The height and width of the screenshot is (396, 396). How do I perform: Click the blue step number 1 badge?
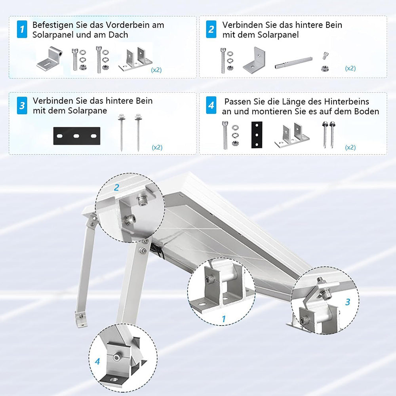tap(22, 29)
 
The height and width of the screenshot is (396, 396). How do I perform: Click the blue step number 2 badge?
tap(211, 29)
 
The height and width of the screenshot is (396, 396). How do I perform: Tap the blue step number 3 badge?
tap(22, 105)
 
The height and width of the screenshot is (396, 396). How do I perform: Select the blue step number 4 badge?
tap(211, 105)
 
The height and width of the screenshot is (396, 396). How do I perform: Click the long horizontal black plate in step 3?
tap(77, 136)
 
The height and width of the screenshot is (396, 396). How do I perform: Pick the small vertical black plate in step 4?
tap(257, 135)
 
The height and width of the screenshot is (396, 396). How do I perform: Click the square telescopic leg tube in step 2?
tap(293, 63)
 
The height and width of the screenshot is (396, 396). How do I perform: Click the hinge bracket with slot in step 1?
tap(49, 59)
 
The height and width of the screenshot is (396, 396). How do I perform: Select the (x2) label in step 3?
tap(157, 147)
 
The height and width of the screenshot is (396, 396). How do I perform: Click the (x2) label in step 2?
tap(350, 69)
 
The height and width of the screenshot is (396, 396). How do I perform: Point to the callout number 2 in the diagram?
tap(116, 187)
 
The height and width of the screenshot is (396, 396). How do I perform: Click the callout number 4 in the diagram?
tap(97, 362)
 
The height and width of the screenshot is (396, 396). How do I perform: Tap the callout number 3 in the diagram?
tap(348, 302)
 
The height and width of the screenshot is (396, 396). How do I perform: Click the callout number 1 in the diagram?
tap(223, 319)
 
